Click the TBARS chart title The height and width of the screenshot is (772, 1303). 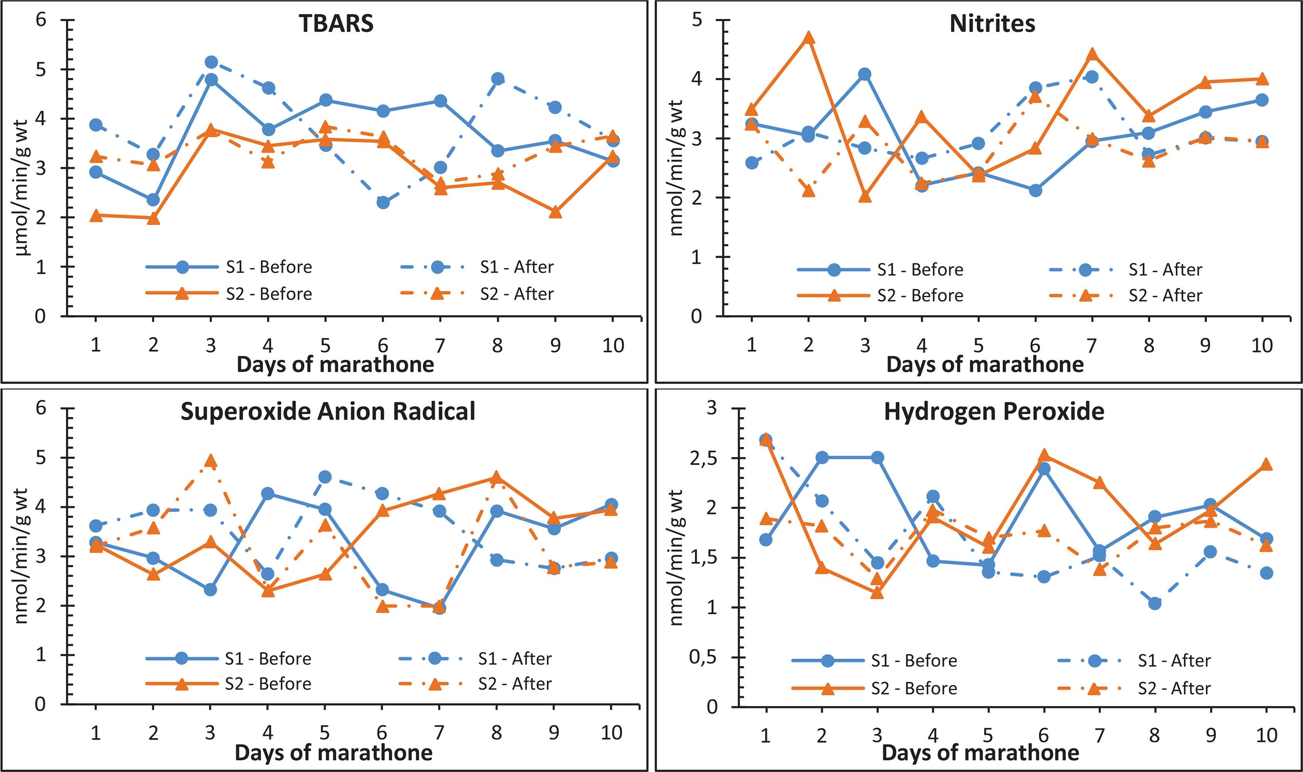[336, 24]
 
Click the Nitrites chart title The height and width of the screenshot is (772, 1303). [992, 24]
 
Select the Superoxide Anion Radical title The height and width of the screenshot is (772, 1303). [328, 411]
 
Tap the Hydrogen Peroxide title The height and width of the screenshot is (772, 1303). [994, 411]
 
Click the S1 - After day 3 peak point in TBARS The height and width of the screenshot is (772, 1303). [211, 62]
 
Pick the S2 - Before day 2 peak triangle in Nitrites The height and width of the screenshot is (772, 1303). [808, 38]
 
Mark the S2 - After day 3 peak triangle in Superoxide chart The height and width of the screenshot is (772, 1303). [210, 461]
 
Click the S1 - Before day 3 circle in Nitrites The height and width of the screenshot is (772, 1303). [865, 74]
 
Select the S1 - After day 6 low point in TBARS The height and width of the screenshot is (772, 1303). [383, 202]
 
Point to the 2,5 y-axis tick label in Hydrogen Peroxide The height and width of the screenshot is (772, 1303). [703, 458]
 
